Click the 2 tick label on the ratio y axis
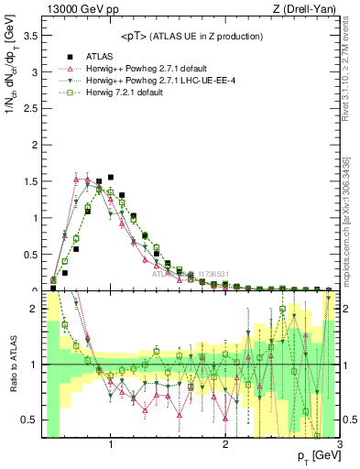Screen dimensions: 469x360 click(34, 310)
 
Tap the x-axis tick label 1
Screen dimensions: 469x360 click(111, 445)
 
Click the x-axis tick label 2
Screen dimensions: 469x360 click(225, 445)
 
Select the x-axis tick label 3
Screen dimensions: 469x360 click(339, 445)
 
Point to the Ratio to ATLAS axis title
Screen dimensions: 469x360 click(11, 365)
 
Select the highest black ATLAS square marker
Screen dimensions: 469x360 click(111, 177)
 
